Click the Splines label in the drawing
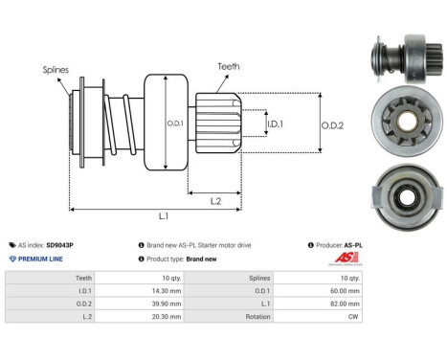(55, 70)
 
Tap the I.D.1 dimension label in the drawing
(274, 124)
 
